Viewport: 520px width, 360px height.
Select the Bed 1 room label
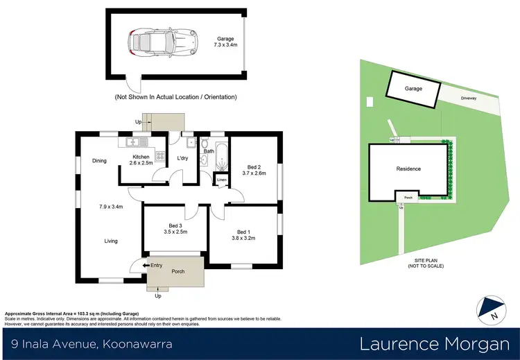[244, 236]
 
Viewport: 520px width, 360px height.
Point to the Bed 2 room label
[254, 171]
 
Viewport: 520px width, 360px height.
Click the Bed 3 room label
[176, 230]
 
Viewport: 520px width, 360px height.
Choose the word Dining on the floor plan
[99, 161]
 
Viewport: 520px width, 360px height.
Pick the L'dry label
[183, 159]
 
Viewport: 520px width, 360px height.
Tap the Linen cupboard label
[221, 180]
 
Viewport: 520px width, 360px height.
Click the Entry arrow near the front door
[146, 264]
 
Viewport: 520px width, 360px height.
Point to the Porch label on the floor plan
[178, 271]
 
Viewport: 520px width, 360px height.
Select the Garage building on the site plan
[413, 90]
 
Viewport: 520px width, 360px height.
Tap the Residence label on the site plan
[408, 169]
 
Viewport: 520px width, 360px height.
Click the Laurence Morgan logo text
[430, 344]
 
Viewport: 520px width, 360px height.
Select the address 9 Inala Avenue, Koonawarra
[92, 344]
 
